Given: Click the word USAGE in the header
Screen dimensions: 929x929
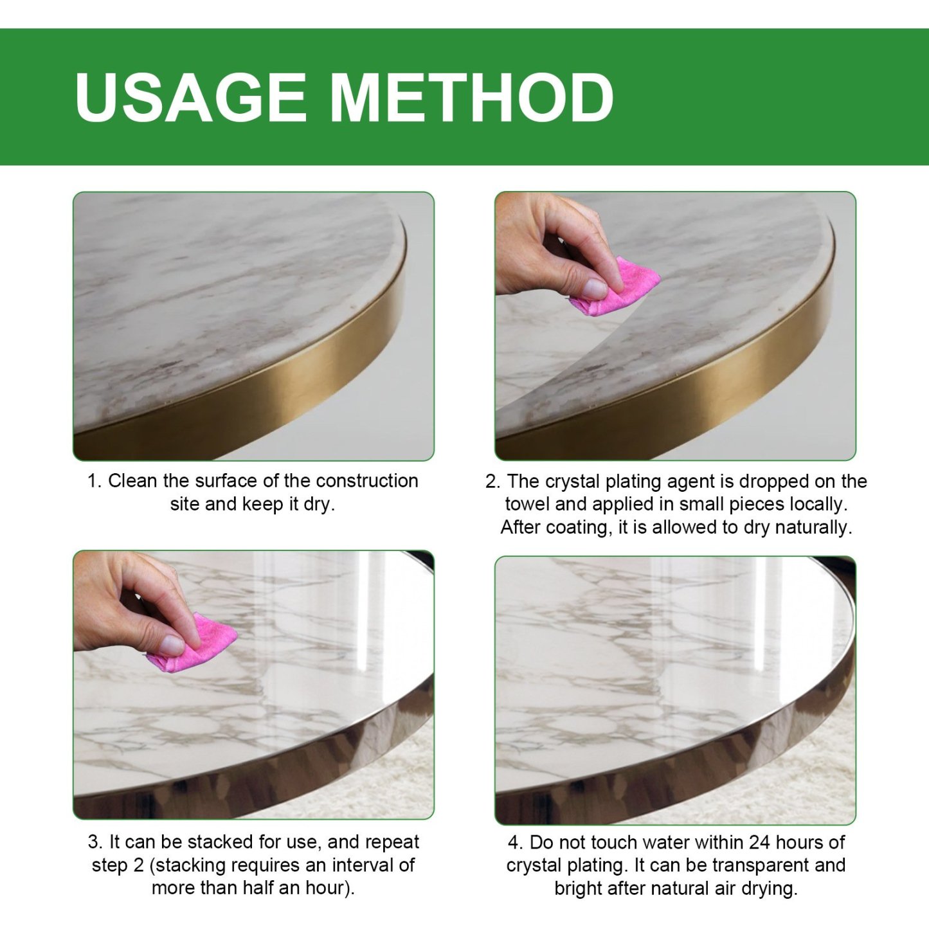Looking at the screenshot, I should point(190,97).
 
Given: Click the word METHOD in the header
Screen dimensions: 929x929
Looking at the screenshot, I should point(471,97).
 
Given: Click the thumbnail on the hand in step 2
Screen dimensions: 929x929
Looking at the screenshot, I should point(594,288).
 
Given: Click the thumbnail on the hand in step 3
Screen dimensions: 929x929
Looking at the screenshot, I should point(172,644).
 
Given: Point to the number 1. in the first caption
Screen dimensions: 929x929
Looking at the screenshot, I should point(95,481).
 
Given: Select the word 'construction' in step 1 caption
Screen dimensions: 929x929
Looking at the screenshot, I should point(367,481).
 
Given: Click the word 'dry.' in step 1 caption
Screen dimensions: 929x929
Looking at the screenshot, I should point(320,504).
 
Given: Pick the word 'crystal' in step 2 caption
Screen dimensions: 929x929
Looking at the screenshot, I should point(573,482).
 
